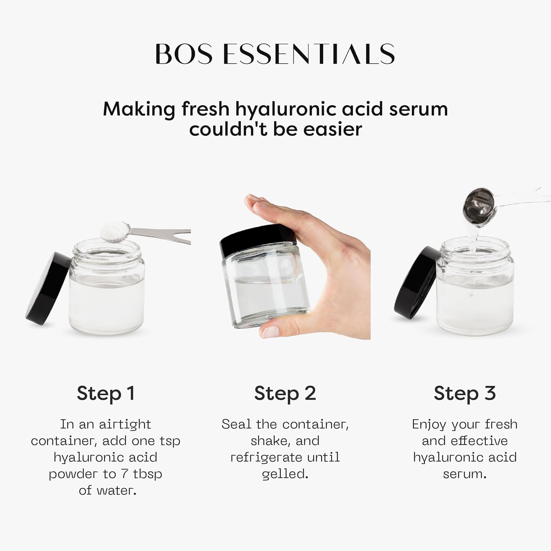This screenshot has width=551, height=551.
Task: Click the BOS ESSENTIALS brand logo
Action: click(275, 54)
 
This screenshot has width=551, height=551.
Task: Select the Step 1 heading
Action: click(106, 393)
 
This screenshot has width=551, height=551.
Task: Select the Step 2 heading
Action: click(285, 393)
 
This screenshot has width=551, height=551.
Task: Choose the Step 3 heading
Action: click(464, 393)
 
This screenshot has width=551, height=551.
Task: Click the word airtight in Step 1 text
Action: click(125, 425)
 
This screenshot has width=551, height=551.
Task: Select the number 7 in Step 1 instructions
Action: click(125, 474)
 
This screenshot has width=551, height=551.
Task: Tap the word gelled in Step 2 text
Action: click(285, 474)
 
